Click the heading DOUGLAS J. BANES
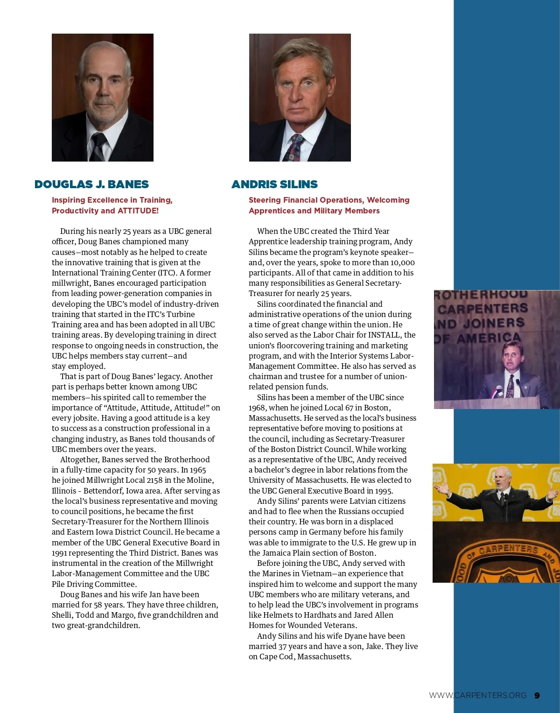click(91, 184)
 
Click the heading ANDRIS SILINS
click(274, 184)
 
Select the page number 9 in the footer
click(537, 695)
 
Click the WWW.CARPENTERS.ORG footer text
click(478, 695)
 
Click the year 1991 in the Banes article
click(59, 553)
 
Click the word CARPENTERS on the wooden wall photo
click(483, 309)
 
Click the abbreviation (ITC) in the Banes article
click(167, 273)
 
